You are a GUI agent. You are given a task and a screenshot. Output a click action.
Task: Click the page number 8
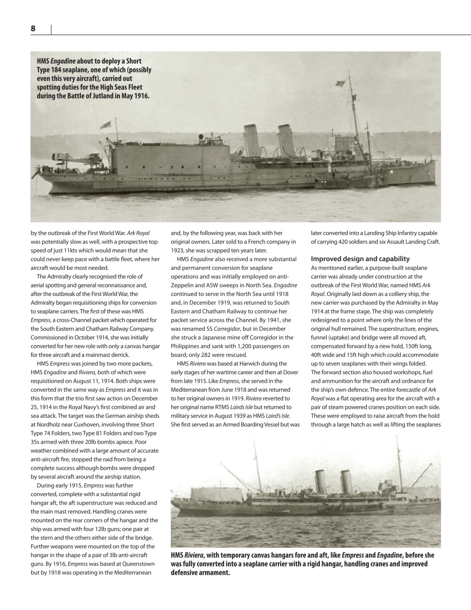click(x=33, y=29)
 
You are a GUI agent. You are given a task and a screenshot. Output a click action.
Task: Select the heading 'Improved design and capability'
click(x=360, y=259)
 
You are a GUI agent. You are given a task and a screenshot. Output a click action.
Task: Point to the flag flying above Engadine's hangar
click(x=106, y=125)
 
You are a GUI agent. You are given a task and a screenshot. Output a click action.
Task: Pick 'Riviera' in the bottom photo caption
click(x=194, y=555)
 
